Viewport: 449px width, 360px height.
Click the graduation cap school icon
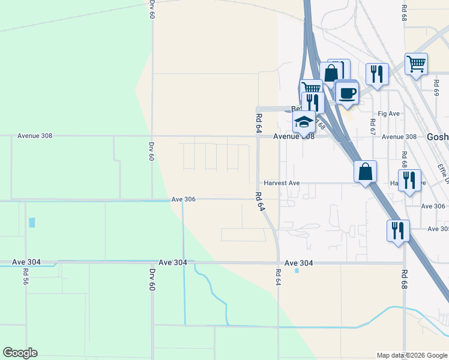304,121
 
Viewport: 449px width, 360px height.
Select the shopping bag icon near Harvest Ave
365,172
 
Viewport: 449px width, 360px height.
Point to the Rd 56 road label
26,276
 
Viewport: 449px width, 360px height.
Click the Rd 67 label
373,127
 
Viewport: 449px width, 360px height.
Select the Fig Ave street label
389,113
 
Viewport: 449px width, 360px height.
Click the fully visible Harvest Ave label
282,183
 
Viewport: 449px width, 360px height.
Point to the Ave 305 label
438,229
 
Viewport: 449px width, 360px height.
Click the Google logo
20,353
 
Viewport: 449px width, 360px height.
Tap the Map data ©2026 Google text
411,355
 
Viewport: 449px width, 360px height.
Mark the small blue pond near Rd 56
31,222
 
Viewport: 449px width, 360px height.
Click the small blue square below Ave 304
297,271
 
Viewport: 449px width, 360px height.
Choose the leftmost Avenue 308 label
35,136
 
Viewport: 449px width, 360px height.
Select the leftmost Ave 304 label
26,262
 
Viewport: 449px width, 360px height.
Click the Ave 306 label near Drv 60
184,199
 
